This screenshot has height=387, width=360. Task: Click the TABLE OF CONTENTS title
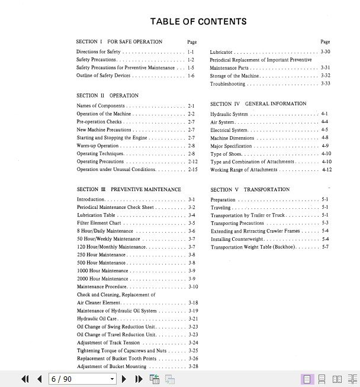(x=198, y=22)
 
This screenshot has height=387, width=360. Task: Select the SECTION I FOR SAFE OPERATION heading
(x=119, y=42)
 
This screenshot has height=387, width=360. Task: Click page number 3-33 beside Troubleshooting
(x=325, y=84)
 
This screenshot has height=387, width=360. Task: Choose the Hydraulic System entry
(x=229, y=114)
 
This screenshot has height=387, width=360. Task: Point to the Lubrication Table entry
(x=96, y=215)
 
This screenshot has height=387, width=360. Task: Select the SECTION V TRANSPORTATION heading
(x=250, y=190)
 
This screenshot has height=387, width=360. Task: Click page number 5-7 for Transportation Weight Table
(x=325, y=247)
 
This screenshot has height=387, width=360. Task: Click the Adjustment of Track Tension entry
(x=108, y=343)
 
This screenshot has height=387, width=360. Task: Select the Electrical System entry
(x=229, y=130)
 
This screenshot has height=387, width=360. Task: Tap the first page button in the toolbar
(x=25, y=379)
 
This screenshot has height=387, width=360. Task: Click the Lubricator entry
(x=221, y=52)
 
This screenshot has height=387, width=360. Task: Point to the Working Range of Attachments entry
(x=243, y=170)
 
